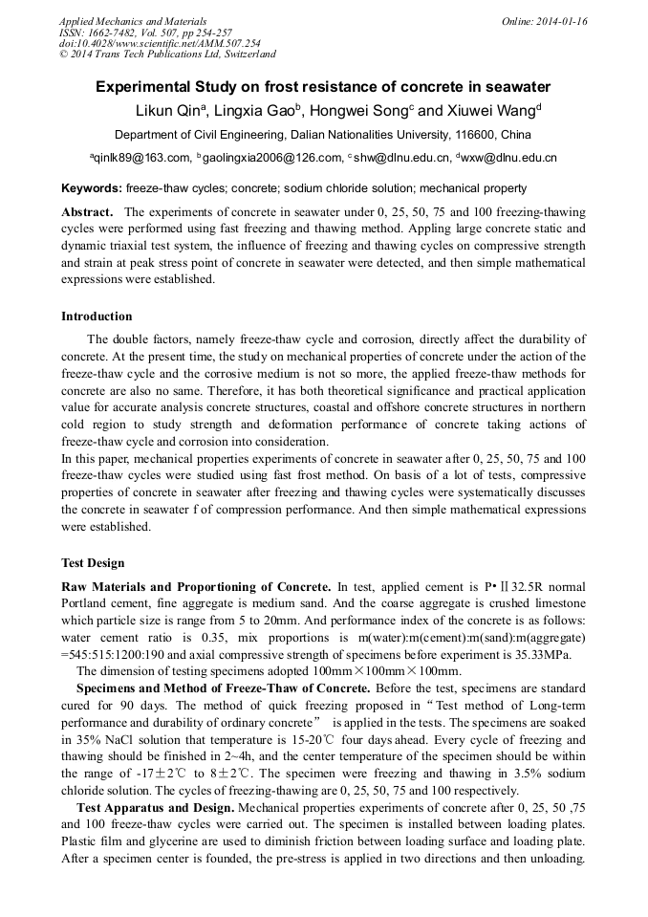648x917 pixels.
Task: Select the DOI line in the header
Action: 159,44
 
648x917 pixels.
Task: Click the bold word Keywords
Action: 91,188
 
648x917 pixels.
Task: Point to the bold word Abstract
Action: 87,211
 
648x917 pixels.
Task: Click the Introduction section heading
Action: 97,317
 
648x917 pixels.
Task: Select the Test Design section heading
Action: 93,563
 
